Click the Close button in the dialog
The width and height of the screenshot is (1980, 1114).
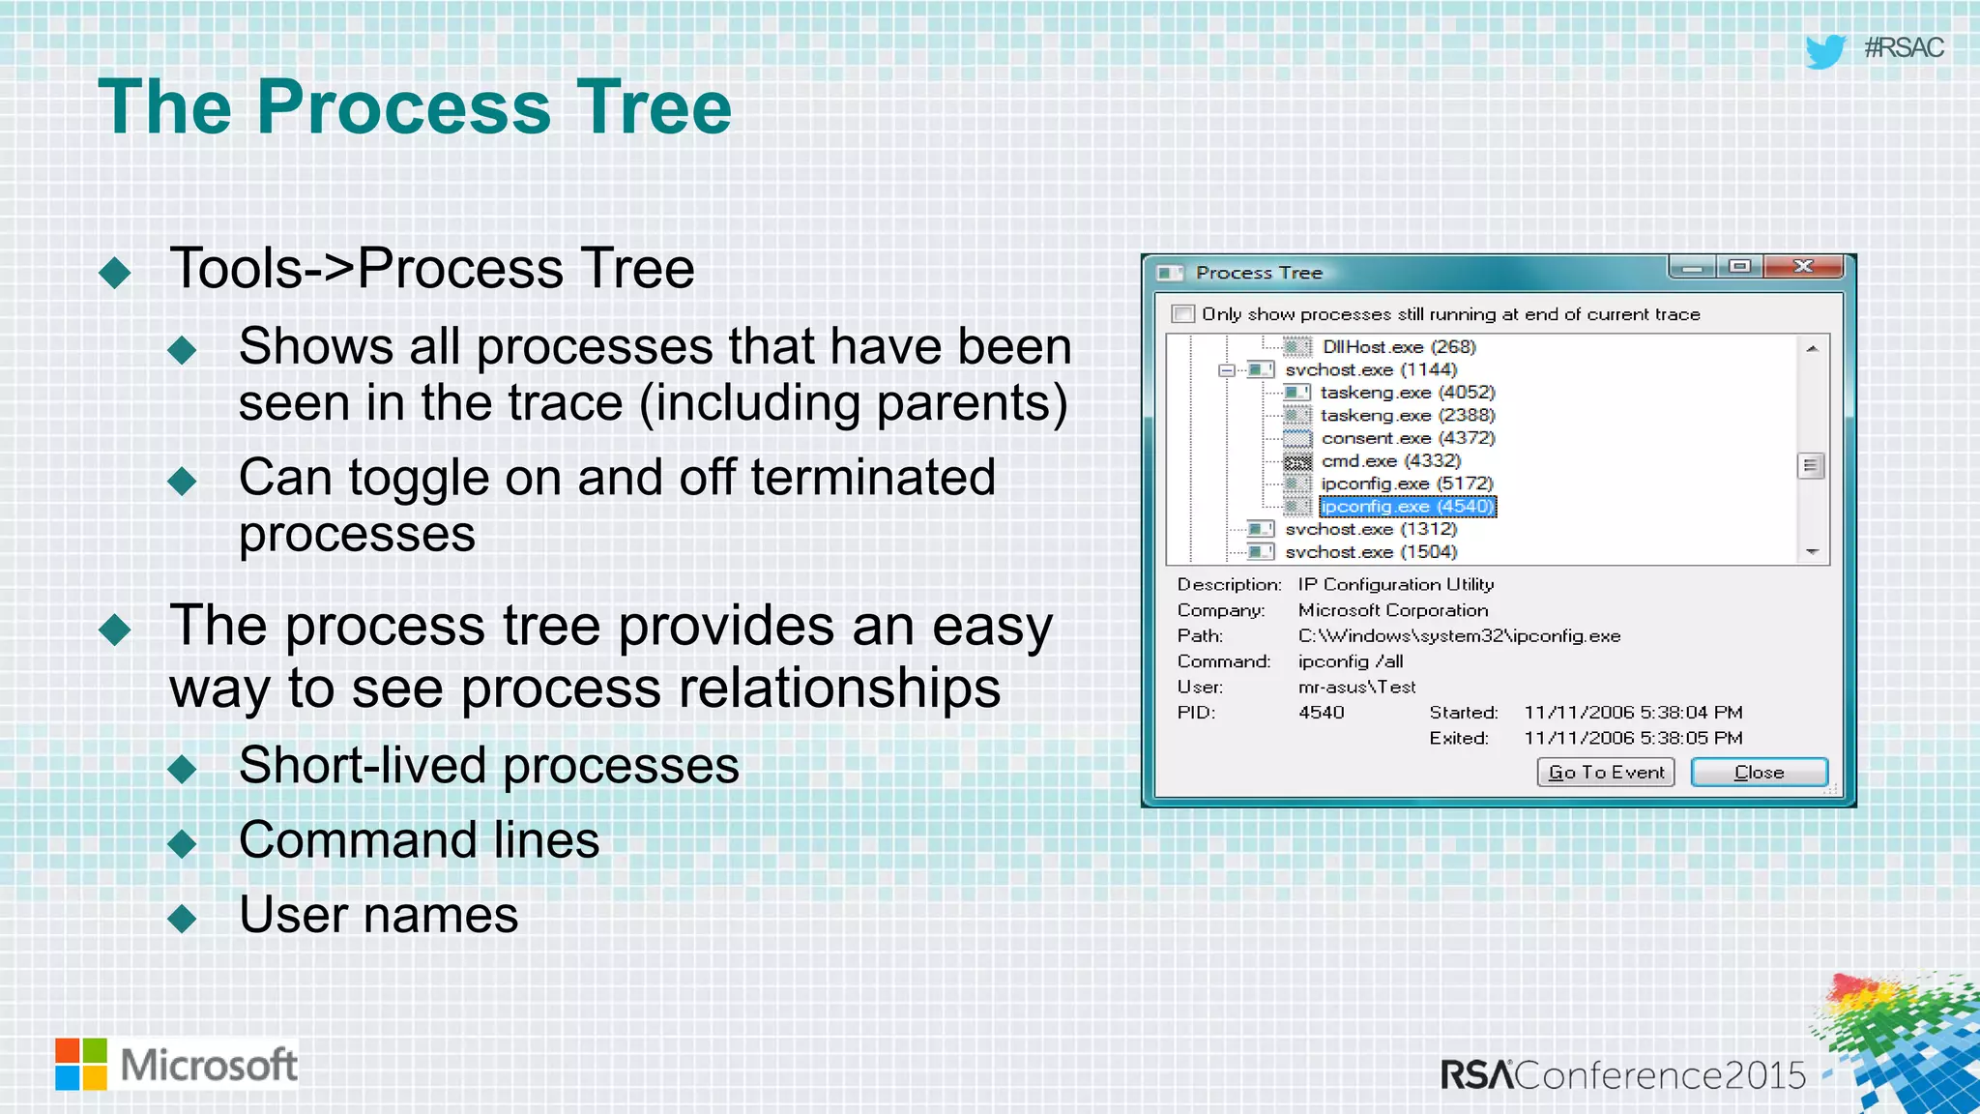(x=1759, y=772)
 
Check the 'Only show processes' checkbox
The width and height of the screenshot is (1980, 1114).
(x=1182, y=314)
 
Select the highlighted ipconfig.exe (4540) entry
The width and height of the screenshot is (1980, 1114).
(x=1407, y=507)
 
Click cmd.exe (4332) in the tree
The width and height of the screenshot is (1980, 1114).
(x=1390, y=461)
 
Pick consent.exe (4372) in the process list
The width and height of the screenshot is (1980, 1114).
(x=1408, y=438)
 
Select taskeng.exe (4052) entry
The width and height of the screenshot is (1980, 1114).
(x=1408, y=393)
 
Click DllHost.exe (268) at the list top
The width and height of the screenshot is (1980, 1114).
(x=1398, y=347)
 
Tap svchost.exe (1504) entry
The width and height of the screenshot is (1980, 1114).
(x=1370, y=552)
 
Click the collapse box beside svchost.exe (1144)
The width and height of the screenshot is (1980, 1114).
(x=1227, y=370)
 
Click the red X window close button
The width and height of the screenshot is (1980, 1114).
(x=1803, y=267)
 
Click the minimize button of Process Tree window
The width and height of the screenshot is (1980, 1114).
(x=1693, y=267)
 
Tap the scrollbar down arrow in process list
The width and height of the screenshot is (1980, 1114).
(x=1812, y=552)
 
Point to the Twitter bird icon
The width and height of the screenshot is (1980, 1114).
(x=1825, y=50)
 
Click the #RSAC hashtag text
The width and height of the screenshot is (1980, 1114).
(x=1903, y=48)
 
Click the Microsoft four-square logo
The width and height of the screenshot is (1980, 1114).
(x=81, y=1064)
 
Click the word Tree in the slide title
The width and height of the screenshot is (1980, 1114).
(x=654, y=106)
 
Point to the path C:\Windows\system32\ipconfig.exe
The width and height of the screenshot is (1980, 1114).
(x=1459, y=636)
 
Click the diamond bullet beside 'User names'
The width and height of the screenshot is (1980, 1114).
(x=182, y=918)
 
